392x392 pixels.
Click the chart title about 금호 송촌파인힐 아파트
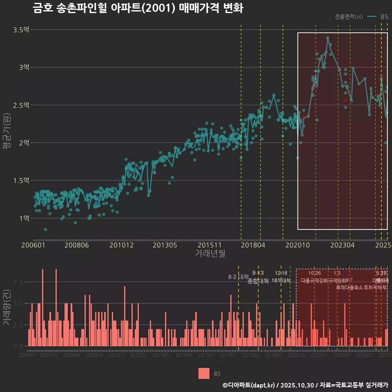pos(138,8)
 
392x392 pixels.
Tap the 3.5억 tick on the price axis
pos(21,30)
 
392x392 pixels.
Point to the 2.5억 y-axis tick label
pos(21,105)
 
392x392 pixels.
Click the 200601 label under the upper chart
pos(33,245)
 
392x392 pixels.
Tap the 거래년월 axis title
pos(210,254)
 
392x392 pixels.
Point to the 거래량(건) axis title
pos(7,307)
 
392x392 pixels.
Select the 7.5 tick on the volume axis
pos(18,282)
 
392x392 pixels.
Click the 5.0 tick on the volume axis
pos(18,303)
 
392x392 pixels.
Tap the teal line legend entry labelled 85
pos(378,17)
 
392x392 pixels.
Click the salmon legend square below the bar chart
pos(204,373)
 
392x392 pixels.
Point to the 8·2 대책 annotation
pos(238,277)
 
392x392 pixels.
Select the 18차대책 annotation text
pos(281,281)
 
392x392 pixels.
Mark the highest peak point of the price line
pos(327,38)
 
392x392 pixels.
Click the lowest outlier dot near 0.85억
pos(45,229)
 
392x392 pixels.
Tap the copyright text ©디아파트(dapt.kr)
pos(249,385)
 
